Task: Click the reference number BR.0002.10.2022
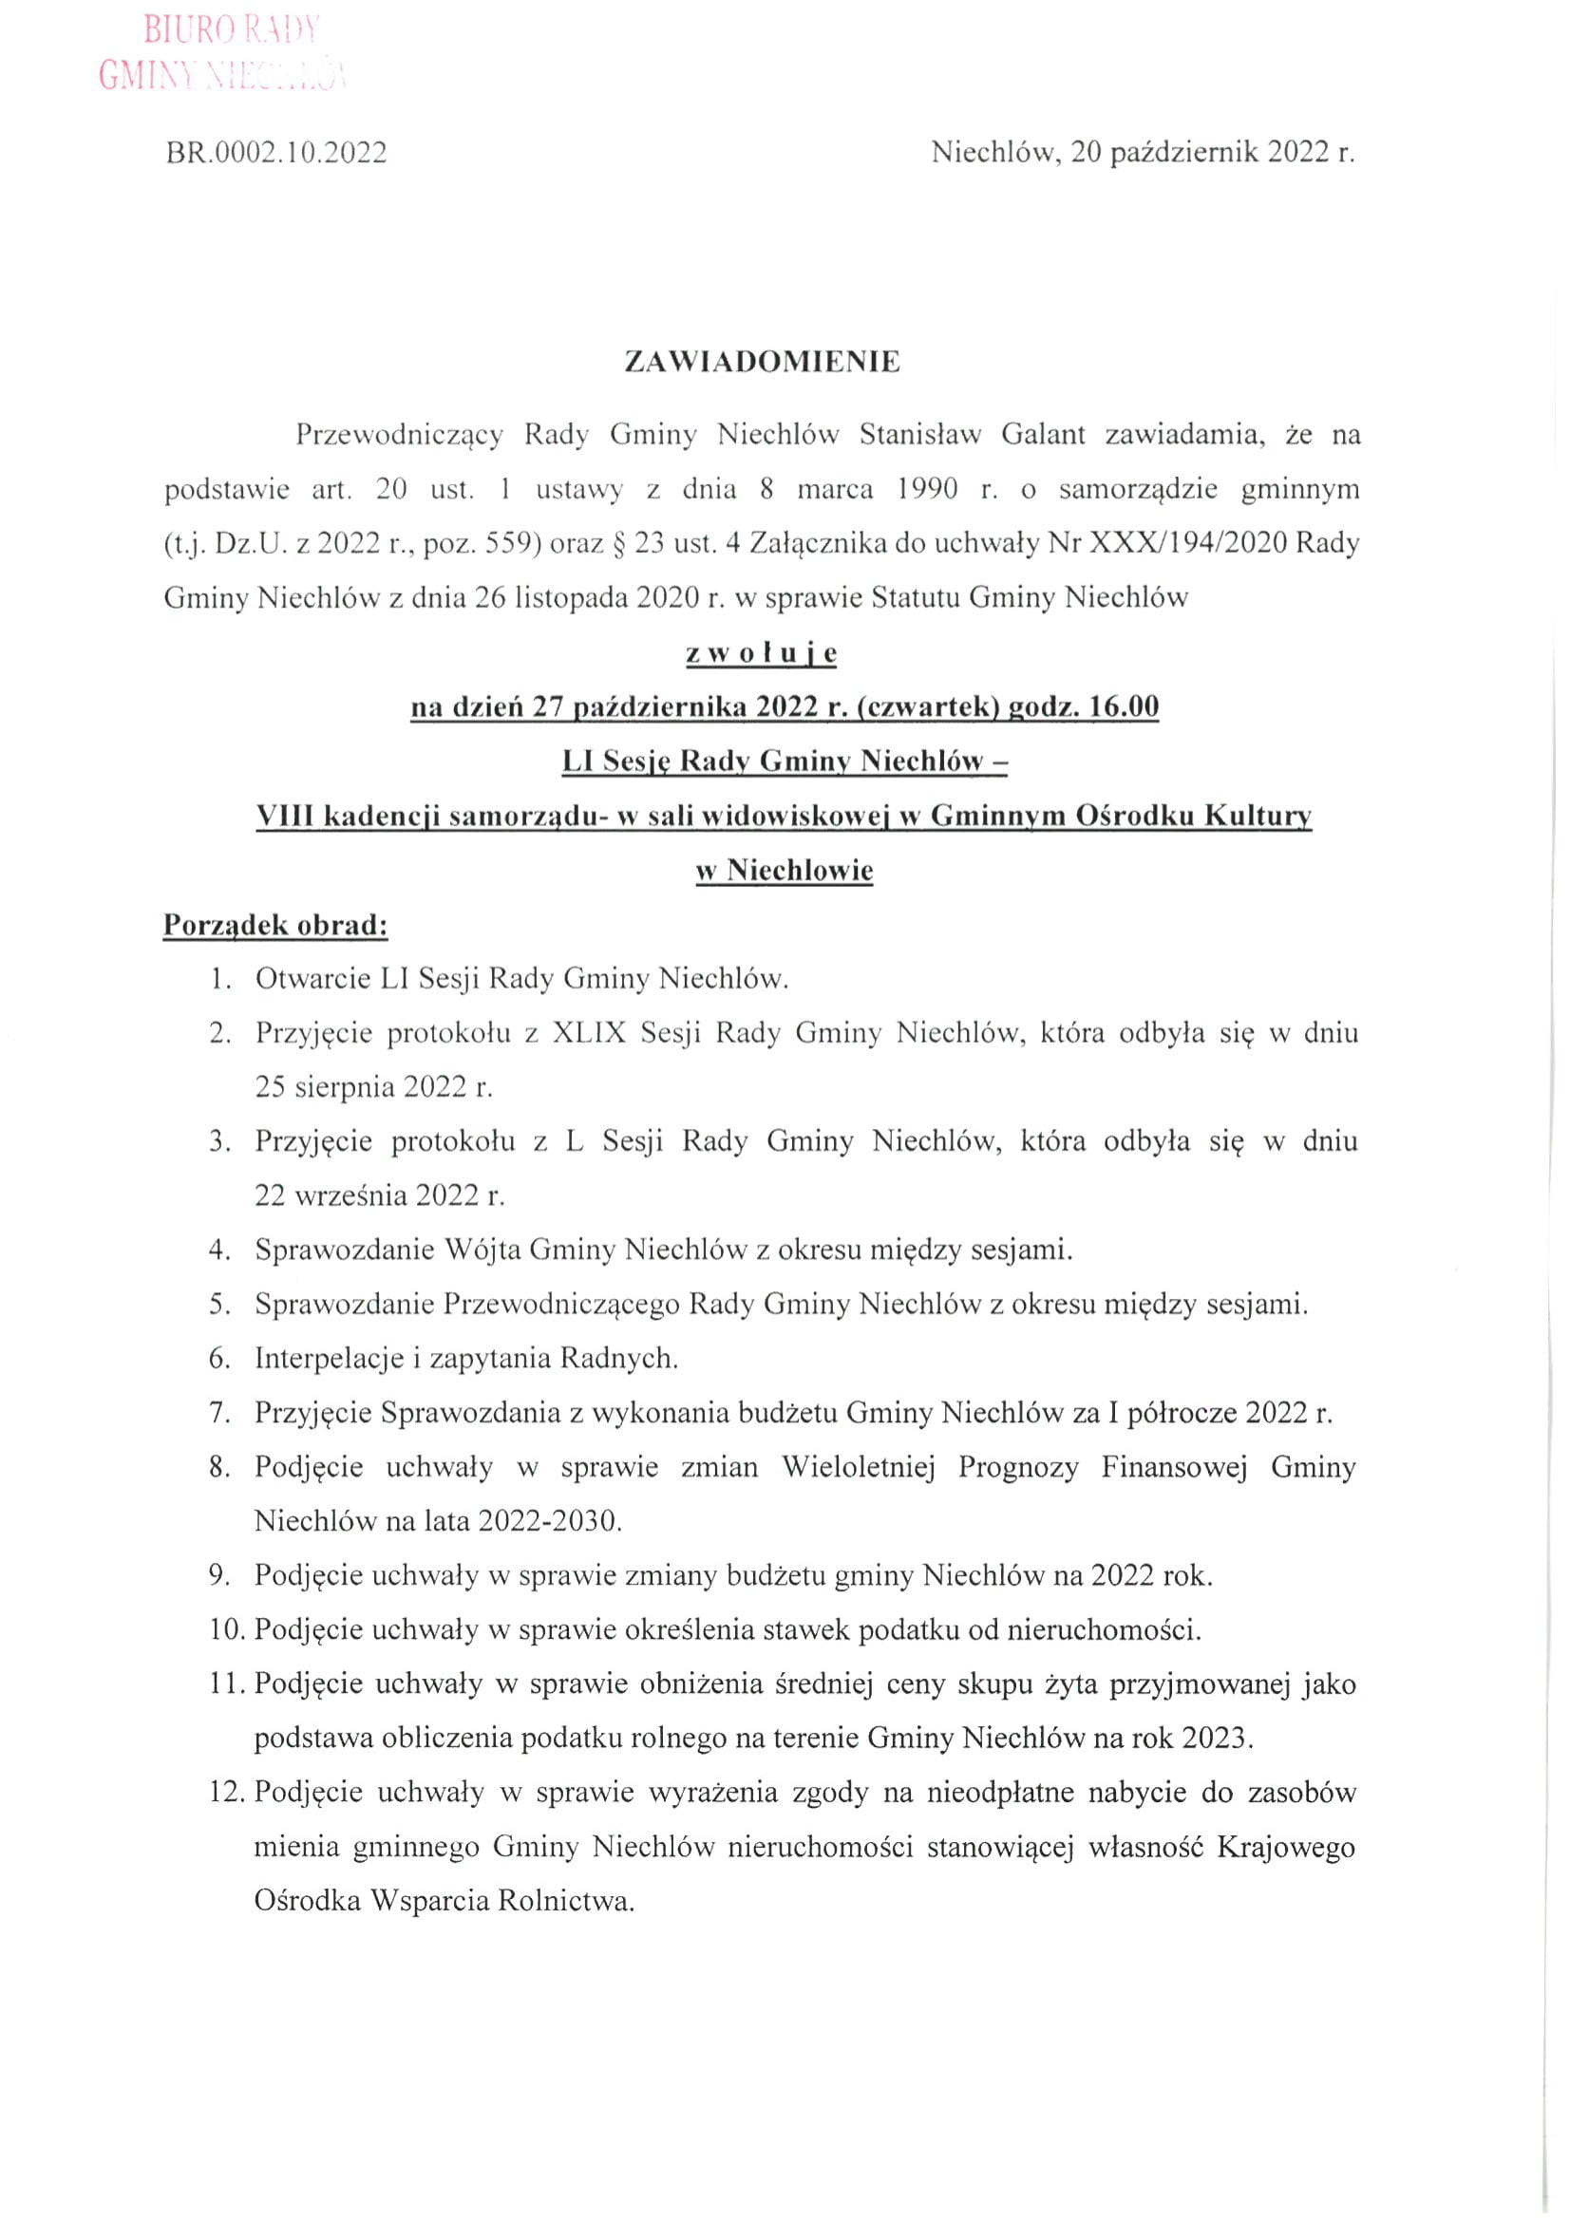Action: click(276, 153)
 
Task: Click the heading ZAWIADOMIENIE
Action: click(762, 362)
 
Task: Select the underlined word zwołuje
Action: click(762, 653)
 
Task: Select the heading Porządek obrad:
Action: click(275, 925)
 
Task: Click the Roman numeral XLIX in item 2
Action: click(590, 1033)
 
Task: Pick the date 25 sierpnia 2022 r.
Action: click(374, 1087)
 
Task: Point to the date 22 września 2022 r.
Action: click(380, 1195)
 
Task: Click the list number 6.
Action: click(219, 1359)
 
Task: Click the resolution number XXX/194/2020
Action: click(1189, 543)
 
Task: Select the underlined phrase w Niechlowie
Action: click(784, 870)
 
